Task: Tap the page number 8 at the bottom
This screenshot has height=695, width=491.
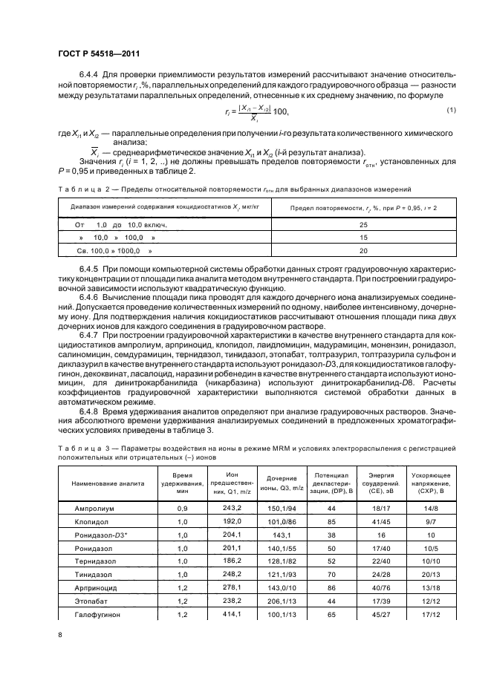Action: (60, 634)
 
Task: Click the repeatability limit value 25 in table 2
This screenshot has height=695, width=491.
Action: (362, 224)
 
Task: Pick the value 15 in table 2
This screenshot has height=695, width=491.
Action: (362, 238)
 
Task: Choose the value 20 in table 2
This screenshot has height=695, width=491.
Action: (362, 251)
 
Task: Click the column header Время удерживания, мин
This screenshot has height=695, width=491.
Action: (182, 482)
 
